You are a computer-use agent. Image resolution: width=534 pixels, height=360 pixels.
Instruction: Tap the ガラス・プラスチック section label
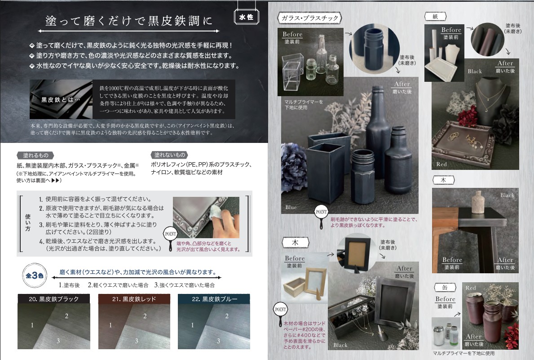(x=310, y=18)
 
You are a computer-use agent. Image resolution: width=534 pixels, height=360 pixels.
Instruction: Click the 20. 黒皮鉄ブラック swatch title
(x=53, y=299)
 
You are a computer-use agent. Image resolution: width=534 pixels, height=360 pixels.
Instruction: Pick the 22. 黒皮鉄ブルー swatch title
(x=214, y=299)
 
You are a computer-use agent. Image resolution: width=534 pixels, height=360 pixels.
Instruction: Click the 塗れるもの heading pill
(x=35, y=155)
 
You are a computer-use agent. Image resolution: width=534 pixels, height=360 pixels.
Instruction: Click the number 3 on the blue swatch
(x=219, y=341)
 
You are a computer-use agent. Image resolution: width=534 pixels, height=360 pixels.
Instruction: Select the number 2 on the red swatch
(x=145, y=316)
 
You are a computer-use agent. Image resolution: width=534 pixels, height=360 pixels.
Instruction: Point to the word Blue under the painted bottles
(x=291, y=207)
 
